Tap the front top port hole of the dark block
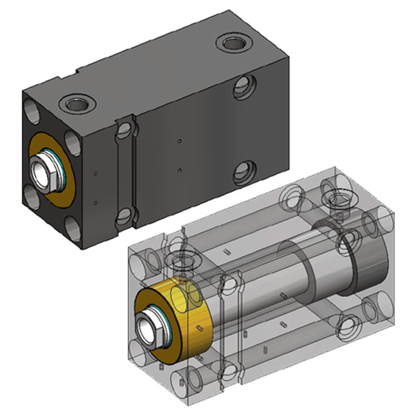pos(77,102)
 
